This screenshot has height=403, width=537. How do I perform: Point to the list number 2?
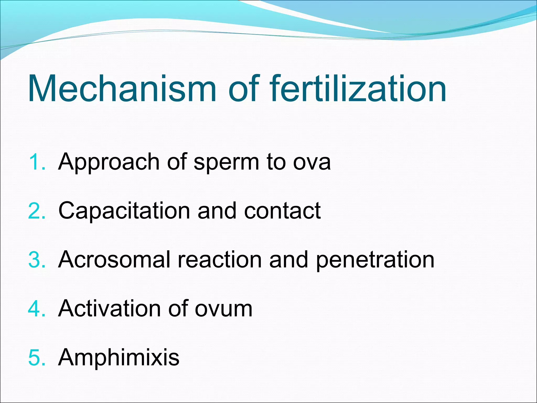tap(37, 211)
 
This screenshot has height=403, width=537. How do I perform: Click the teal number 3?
tap(37, 260)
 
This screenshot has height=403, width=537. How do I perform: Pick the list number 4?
tap(37, 309)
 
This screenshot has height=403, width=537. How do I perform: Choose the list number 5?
tap(37, 358)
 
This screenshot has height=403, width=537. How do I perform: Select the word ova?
tap(312, 163)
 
